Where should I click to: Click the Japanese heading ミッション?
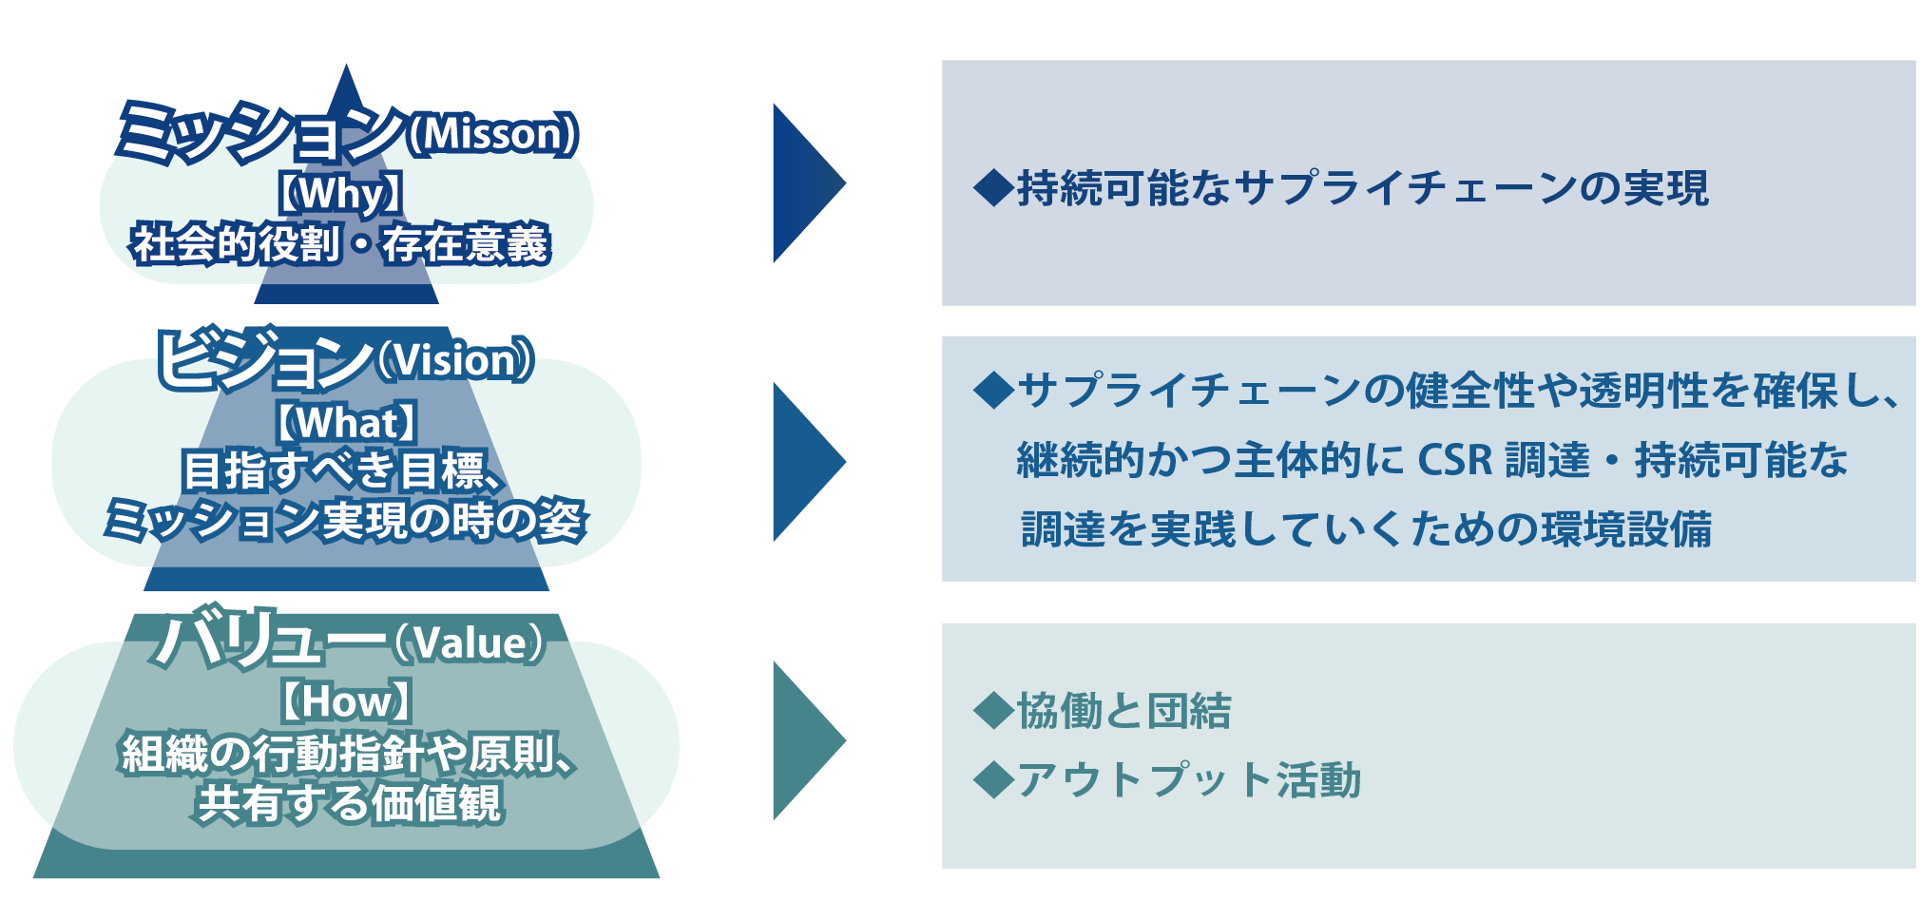pos(261,133)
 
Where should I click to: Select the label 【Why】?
pos(340,194)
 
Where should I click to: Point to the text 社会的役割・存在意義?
pos(340,244)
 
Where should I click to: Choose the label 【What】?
pos(345,422)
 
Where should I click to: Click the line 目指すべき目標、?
pos(342,471)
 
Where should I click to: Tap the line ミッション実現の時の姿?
pos(344,521)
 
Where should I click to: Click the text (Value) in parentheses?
pos(469,643)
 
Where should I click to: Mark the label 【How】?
pos(345,702)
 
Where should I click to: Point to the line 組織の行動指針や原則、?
pos(348,755)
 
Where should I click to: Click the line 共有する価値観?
pos(348,804)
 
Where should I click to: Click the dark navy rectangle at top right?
pos(1428,182)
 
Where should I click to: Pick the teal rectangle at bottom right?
pos(1428,745)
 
